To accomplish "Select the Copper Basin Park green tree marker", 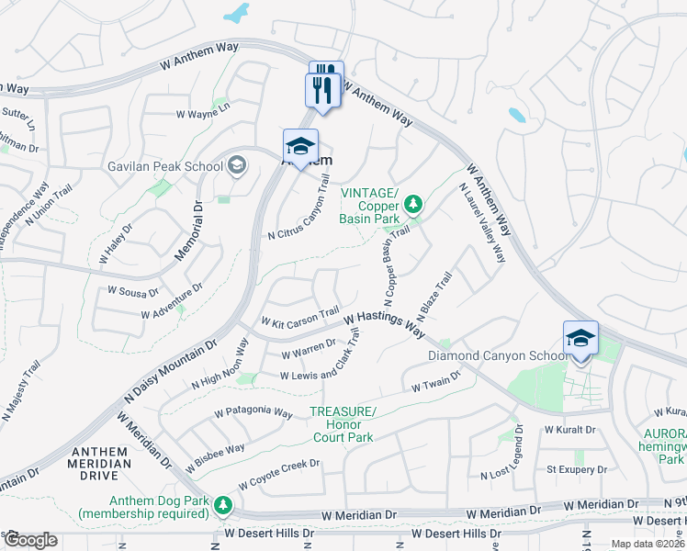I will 413,203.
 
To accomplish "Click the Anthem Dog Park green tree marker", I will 222,504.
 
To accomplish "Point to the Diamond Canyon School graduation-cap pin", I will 580,339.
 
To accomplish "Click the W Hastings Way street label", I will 386,322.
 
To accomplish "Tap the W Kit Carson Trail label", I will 300,318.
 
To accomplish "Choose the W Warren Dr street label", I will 309,350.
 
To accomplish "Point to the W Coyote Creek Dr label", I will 278,474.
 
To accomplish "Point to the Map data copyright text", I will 648,544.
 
